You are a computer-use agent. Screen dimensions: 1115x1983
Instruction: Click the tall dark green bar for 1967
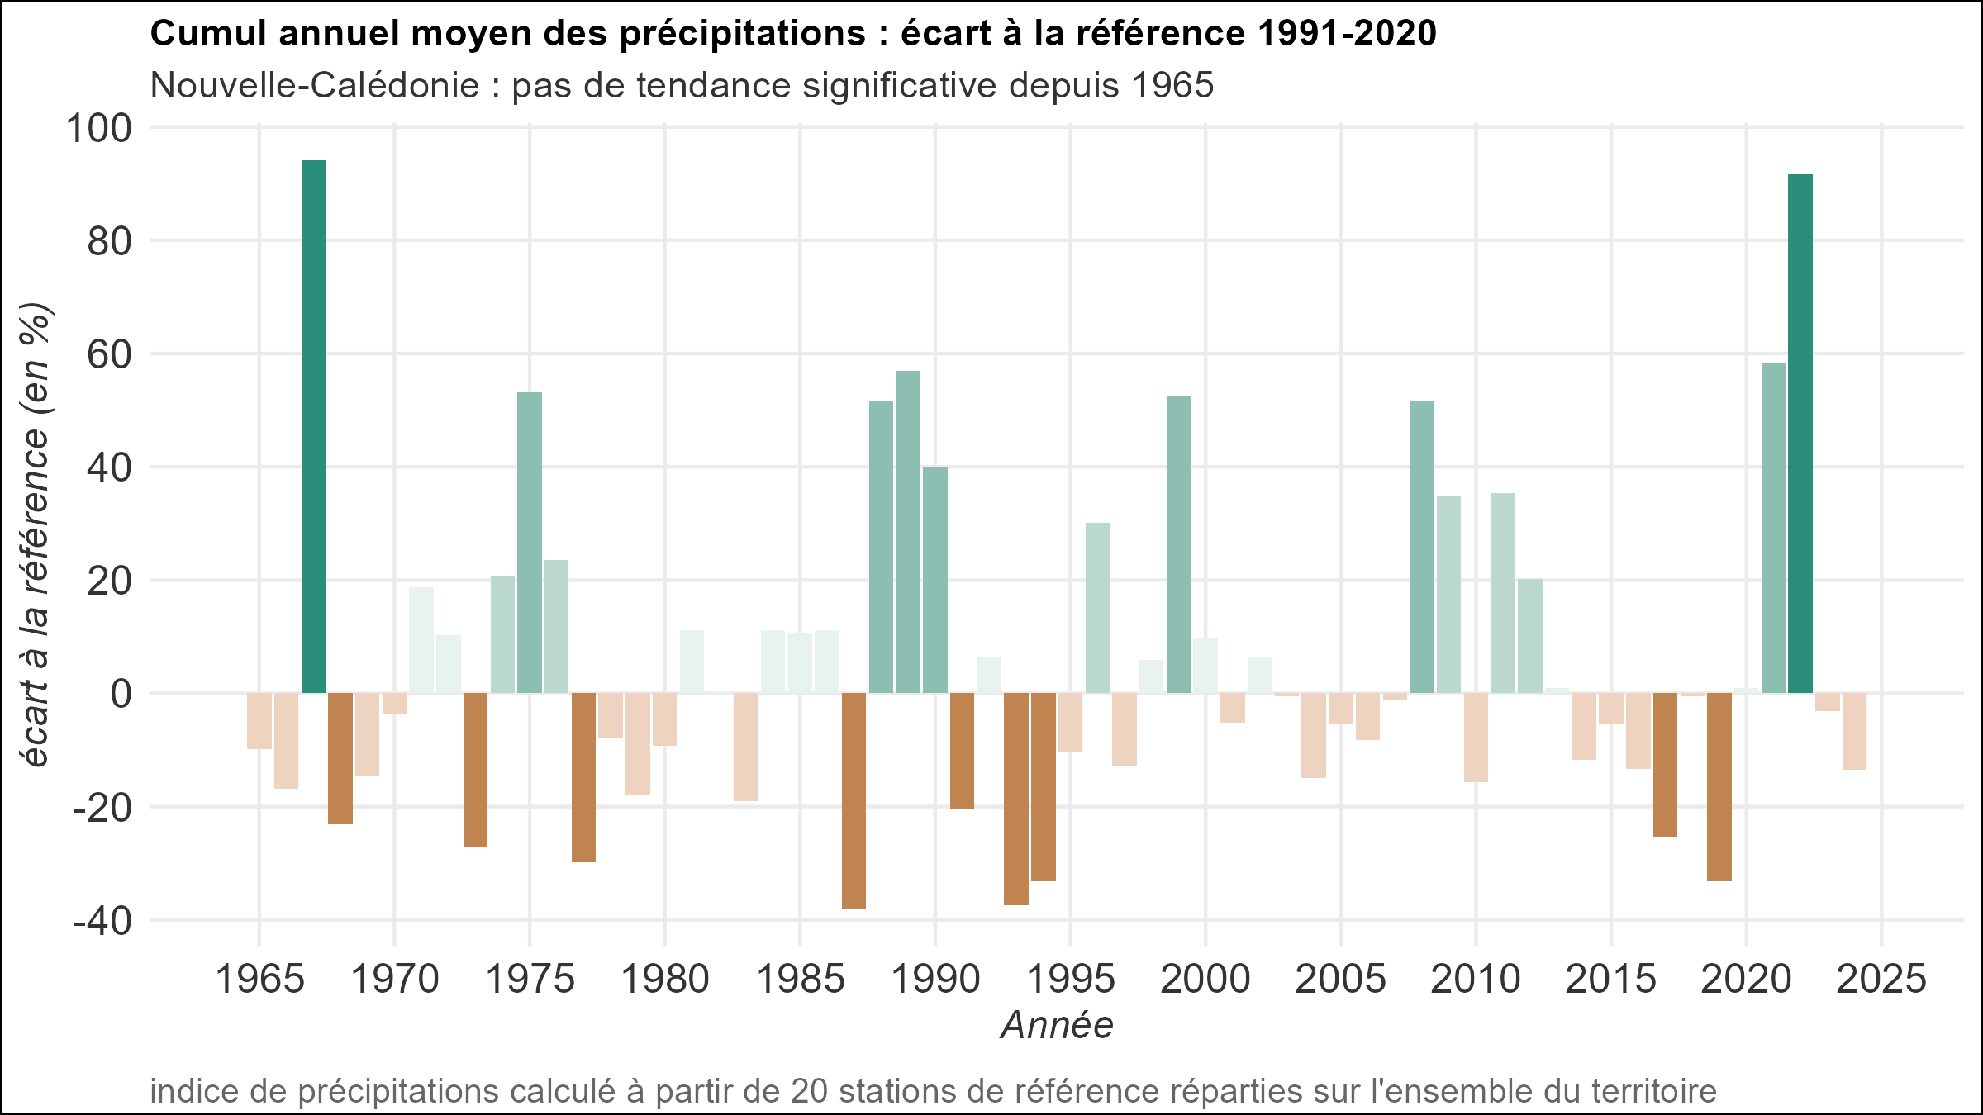click(313, 426)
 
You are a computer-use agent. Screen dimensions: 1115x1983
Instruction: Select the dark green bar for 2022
click(1800, 434)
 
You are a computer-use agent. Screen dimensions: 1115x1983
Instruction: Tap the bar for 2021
click(1773, 528)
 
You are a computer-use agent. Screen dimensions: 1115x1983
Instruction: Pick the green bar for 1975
click(530, 543)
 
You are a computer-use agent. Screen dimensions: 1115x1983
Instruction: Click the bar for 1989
click(908, 532)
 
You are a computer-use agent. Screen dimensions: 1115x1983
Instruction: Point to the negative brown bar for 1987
click(854, 800)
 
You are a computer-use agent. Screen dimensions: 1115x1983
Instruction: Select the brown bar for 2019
click(1719, 787)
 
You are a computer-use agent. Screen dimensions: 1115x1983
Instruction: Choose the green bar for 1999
click(1178, 544)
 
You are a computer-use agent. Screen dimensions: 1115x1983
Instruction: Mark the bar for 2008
click(1422, 547)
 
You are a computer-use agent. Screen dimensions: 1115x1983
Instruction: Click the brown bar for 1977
click(583, 777)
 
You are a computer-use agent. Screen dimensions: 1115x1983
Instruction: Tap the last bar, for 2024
click(1854, 731)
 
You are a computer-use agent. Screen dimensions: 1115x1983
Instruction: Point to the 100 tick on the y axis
click(99, 129)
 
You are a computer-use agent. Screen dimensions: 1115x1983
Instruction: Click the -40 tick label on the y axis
click(102, 921)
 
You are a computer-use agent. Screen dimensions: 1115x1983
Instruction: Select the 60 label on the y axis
click(109, 355)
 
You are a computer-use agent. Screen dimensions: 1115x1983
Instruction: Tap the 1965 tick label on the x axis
click(259, 980)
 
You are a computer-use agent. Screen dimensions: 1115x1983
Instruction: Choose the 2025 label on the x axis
click(1881, 980)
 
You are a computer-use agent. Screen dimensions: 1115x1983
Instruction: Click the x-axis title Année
click(1057, 1025)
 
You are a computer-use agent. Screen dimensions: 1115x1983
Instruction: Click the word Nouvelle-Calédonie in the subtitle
click(315, 85)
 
